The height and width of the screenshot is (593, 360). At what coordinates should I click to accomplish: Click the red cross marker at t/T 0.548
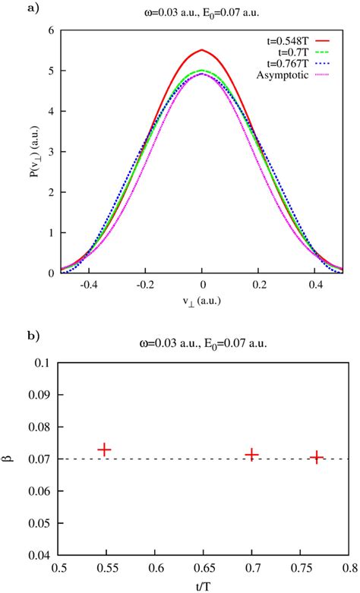click(x=104, y=449)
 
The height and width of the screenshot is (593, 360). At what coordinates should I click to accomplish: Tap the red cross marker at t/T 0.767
click(x=317, y=457)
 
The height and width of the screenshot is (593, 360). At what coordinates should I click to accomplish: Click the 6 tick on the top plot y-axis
click(x=50, y=30)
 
